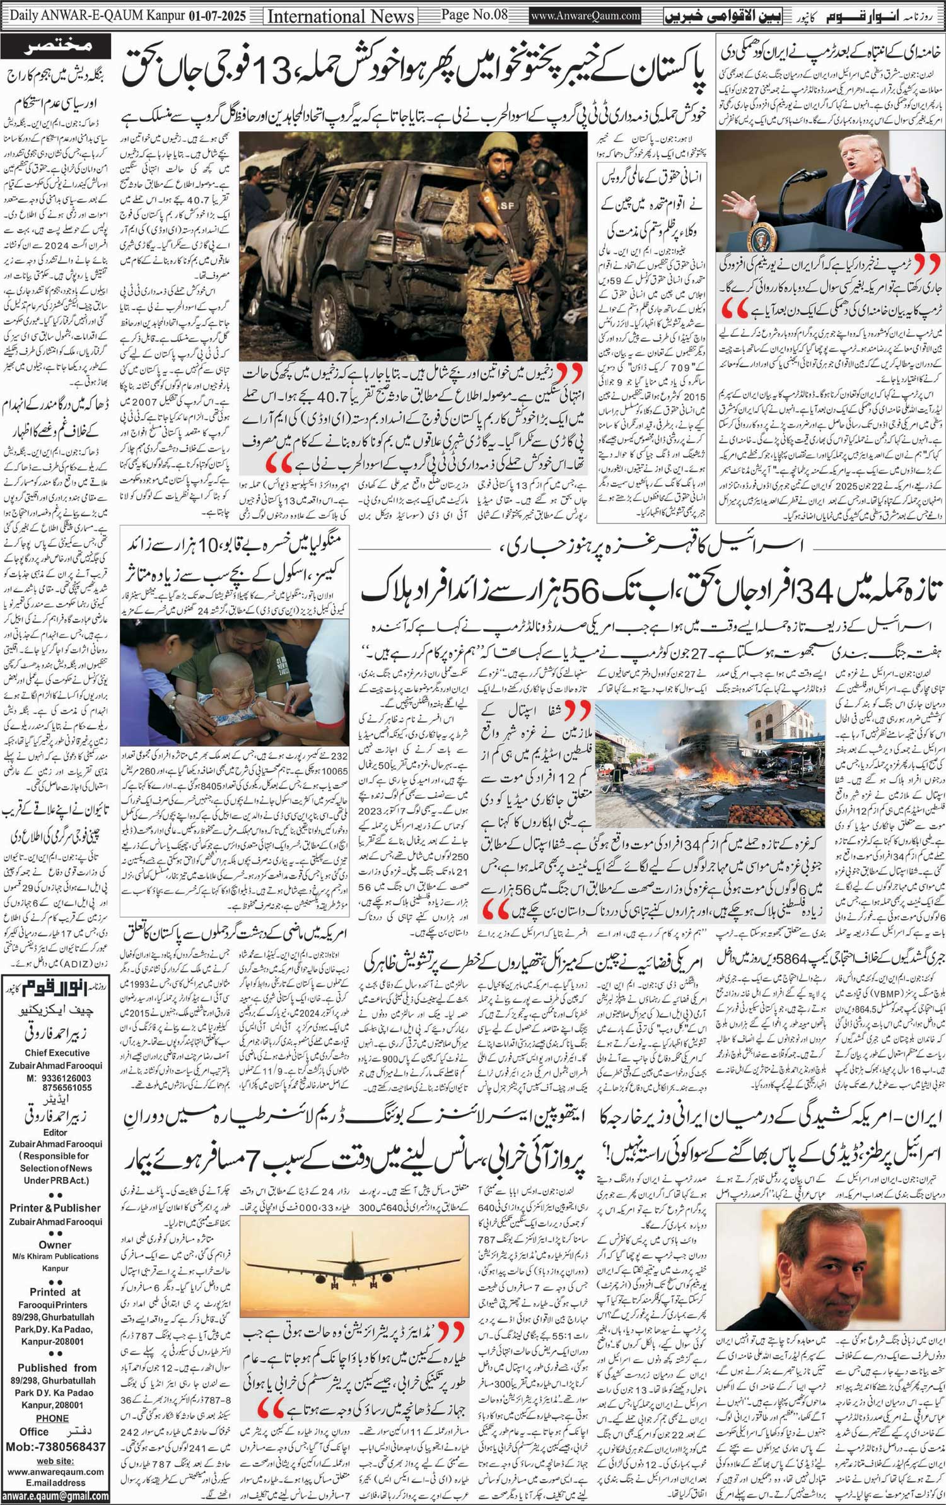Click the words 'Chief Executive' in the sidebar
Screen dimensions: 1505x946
(x=56, y=1053)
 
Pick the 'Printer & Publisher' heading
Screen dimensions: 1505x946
(x=55, y=1208)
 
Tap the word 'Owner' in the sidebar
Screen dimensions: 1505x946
(x=55, y=1244)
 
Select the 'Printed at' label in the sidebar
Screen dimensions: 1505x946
(x=55, y=1291)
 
